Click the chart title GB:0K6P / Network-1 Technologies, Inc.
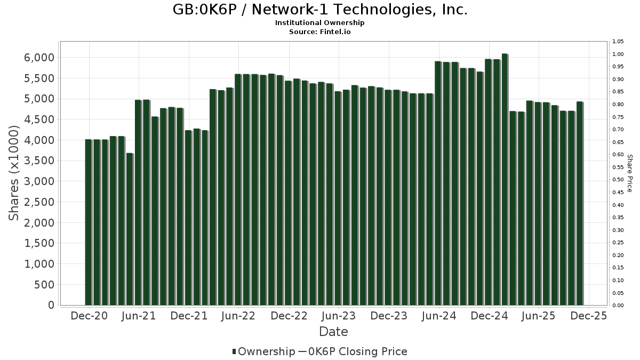click(x=320, y=10)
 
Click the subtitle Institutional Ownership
click(x=320, y=23)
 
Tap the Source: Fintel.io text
click(x=320, y=31)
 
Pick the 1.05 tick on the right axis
click(x=618, y=42)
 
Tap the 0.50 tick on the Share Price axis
click(x=618, y=180)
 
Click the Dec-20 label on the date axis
click(x=89, y=316)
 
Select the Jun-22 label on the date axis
click(x=238, y=316)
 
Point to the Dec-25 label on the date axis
click(x=588, y=316)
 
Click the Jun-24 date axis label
click(x=438, y=316)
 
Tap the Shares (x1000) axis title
click(x=14, y=173)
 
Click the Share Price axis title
click(x=630, y=173)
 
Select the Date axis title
click(x=333, y=332)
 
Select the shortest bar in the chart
click(x=129, y=229)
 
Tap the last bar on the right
click(x=579, y=203)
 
